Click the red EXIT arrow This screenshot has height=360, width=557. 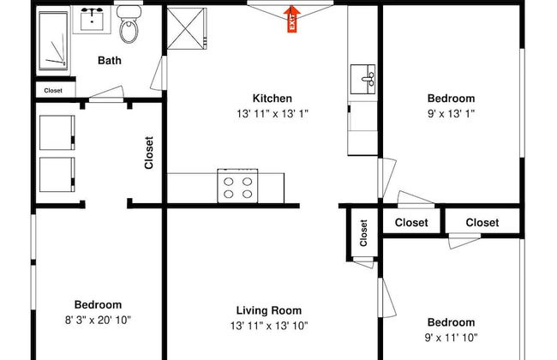pyautogui.click(x=291, y=19)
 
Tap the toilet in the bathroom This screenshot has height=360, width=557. pyautogui.click(x=129, y=24)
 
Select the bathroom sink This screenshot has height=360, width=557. pyautogui.click(x=92, y=20)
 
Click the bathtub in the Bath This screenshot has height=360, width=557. pyautogui.click(x=53, y=40)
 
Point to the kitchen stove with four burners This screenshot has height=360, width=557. pyautogui.click(x=237, y=186)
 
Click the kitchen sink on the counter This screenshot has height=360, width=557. pyautogui.click(x=362, y=79)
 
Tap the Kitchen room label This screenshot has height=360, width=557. pyautogui.click(x=273, y=98)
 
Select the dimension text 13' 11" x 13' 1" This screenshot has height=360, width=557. pyautogui.click(x=273, y=114)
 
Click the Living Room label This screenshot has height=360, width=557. pyautogui.click(x=269, y=310)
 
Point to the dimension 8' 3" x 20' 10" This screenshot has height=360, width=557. pyautogui.click(x=98, y=321)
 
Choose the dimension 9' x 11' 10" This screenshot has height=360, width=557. pyautogui.click(x=451, y=337)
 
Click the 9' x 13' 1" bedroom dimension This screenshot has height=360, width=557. pyautogui.click(x=451, y=114)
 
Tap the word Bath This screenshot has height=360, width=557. pyautogui.click(x=110, y=60)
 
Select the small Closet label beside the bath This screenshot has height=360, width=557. pyautogui.click(x=53, y=91)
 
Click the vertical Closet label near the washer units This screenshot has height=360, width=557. pyautogui.click(x=149, y=153)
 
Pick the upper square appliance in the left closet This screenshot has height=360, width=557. pyautogui.click(x=57, y=133)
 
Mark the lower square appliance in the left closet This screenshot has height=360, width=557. pyautogui.click(x=57, y=175)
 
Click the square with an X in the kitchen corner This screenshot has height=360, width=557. pyautogui.click(x=187, y=28)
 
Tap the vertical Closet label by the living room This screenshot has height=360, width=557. pyautogui.click(x=363, y=233)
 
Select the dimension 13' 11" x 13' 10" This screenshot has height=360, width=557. pyautogui.click(x=269, y=326)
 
